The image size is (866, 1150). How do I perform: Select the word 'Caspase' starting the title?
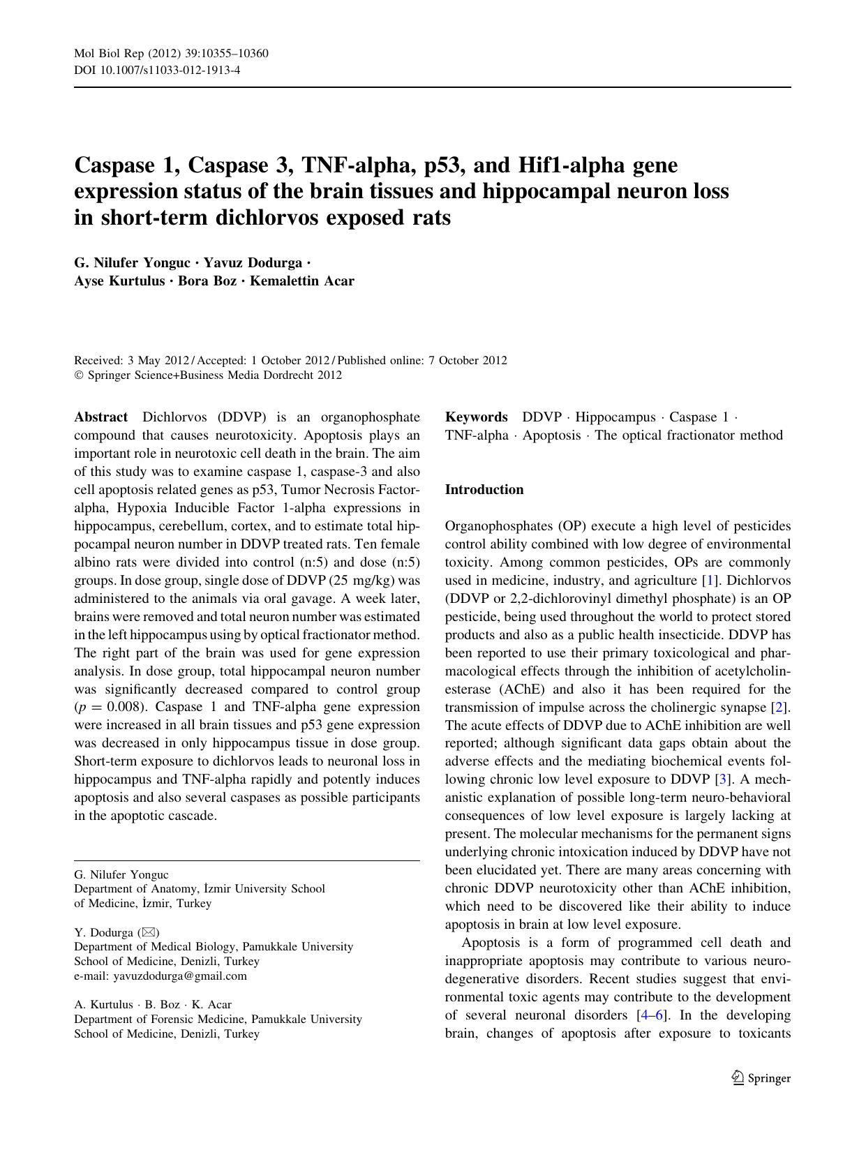point(117,165)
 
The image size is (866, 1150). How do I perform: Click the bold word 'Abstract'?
point(101,417)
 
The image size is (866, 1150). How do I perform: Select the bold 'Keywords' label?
point(477,417)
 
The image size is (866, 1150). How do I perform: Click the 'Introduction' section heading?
point(484,490)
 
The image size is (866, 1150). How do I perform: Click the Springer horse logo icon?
point(738,1078)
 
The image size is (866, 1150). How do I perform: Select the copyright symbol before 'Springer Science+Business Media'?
point(78,375)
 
